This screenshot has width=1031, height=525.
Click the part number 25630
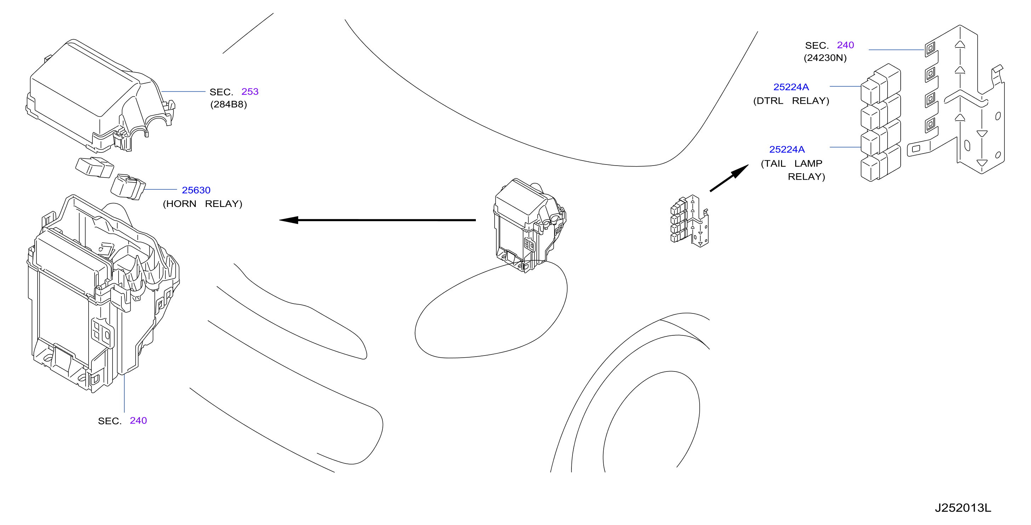196,190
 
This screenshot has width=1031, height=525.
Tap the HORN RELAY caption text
203,203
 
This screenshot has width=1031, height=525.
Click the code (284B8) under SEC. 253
228,104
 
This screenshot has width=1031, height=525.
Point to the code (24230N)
825,58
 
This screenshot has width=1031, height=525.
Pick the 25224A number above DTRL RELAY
791,87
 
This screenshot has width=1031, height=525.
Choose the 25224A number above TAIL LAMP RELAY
787,150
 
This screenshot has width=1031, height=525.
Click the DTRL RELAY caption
791,101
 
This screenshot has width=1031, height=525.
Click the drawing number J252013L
963,508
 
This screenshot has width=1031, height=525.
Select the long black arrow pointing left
377,220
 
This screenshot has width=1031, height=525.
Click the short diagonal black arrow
729,178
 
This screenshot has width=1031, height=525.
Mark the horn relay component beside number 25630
128,187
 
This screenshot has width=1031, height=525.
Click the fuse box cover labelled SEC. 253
100,96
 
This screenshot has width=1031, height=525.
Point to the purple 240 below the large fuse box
138,421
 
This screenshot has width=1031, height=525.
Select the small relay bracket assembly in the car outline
690,221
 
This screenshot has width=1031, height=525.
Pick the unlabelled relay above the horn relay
95,167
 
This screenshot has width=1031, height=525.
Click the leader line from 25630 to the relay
160,189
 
